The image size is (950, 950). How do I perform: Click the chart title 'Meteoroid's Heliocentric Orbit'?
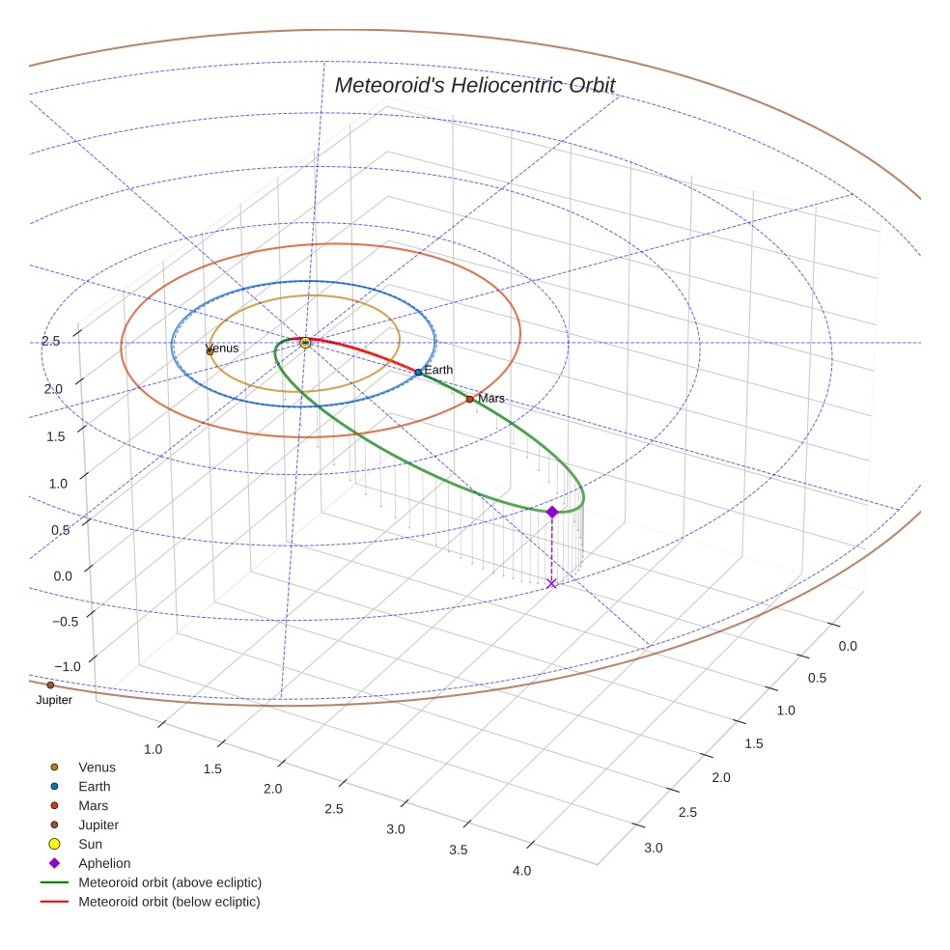[474, 85]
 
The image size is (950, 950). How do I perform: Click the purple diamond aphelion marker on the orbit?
[551, 512]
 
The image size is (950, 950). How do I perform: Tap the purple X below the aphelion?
[551, 583]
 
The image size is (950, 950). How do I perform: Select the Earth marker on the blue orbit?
[418, 372]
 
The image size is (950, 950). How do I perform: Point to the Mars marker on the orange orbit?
[469, 399]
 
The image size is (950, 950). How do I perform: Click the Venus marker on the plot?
[210, 351]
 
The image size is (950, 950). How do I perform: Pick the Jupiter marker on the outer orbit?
[50, 685]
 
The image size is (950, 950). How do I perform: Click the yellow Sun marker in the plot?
[305, 343]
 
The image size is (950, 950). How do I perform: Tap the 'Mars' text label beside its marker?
[491, 398]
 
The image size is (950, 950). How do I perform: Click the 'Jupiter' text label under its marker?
[54, 700]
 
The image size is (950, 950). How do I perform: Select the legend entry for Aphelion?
[104, 863]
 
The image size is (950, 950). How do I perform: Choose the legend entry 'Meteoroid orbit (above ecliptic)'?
[170, 882]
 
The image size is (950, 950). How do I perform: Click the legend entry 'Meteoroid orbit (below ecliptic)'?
[170, 902]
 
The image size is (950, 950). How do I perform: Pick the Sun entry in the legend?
[90, 844]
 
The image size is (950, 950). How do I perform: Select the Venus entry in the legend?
[97, 768]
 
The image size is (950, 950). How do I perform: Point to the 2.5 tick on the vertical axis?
[50, 341]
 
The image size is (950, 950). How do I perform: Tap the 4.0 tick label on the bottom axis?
[521, 871]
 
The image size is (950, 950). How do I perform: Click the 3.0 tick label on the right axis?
[654, 848]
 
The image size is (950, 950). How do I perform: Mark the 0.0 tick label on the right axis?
[847, 645]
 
